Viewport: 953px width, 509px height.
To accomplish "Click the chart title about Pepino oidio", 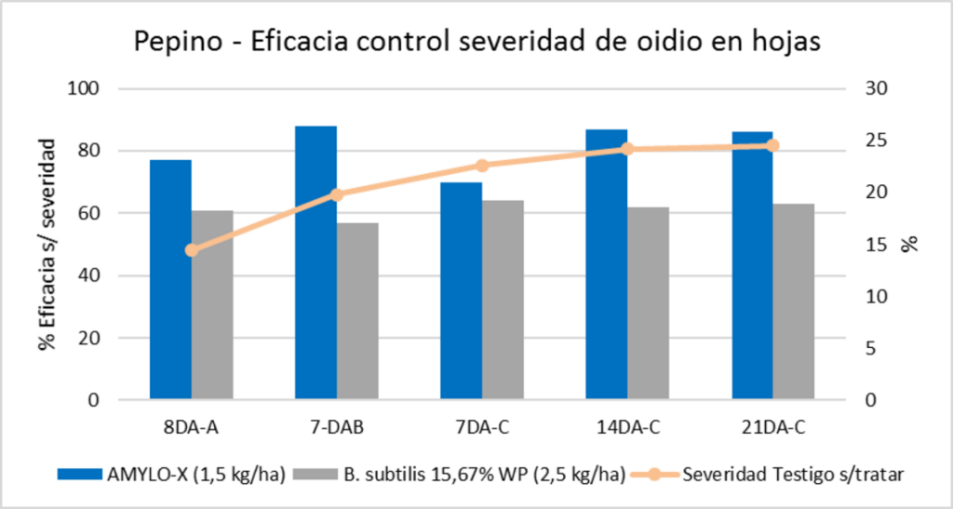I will pos(476,43).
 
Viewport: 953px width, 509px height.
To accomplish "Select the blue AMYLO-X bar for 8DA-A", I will pos(170,279).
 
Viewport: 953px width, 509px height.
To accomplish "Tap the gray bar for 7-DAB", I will pos(357,312).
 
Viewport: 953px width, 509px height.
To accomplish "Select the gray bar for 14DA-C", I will pos(648,303).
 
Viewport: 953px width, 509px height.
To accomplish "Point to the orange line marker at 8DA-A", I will pos(192,249).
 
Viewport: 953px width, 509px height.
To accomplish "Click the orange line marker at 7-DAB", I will pos(337,194).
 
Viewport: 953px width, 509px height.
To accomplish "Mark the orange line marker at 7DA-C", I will pos(482,166).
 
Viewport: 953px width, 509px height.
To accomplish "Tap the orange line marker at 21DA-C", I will pos(772,145).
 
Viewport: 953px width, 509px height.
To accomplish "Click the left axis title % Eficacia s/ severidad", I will pos(47,245).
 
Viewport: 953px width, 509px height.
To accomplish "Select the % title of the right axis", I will pos(910,245).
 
